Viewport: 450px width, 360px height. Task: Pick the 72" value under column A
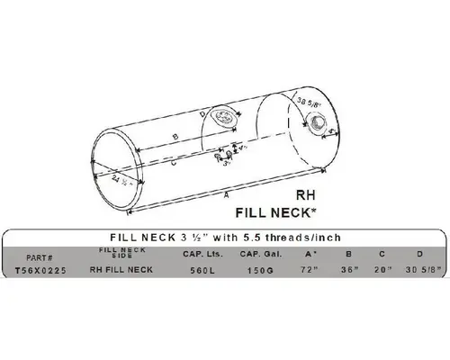tap(311, 268)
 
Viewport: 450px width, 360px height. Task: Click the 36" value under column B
tap(347, 268)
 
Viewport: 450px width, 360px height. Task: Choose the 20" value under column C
tap(382, 268)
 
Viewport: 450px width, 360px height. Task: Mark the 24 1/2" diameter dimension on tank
tap(121, 179)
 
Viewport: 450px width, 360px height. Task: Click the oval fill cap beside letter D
tap(222, 117)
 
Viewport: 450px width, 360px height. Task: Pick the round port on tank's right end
tap(319, 133)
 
